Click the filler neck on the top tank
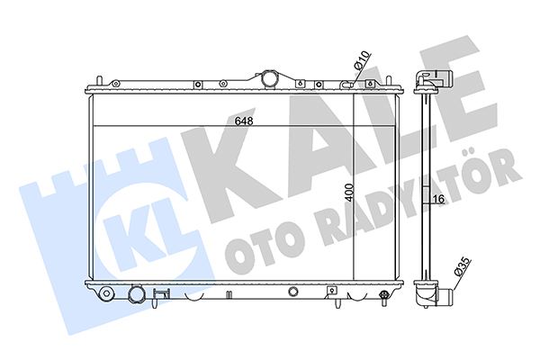(268, 79)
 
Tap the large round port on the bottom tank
(137, 294)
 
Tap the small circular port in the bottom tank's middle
(294, 292)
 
